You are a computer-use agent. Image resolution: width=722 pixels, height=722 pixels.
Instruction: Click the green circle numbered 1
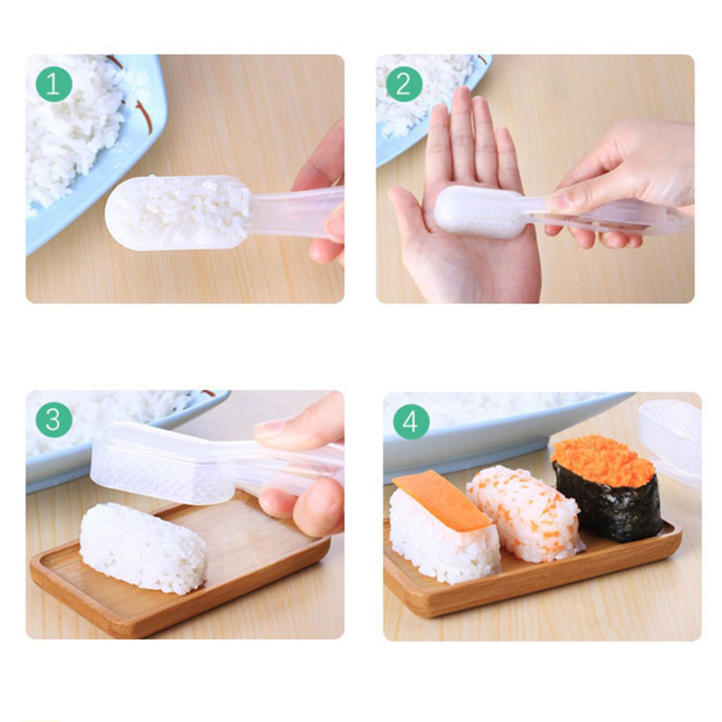[x=54, y=84]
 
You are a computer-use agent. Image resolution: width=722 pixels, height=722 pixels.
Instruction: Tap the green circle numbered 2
[x=404, y=84]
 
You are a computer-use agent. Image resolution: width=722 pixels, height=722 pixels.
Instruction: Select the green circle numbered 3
[x=54, y=420]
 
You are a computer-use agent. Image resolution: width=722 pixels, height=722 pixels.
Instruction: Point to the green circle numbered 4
[x=412, y=421]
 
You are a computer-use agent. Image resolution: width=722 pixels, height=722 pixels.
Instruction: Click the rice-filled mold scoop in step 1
[x=180, y=213]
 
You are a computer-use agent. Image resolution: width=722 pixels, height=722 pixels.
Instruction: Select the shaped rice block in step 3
[x=143, y=547]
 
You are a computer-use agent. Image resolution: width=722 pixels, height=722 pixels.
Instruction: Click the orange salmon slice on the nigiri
[x=440, y=500]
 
